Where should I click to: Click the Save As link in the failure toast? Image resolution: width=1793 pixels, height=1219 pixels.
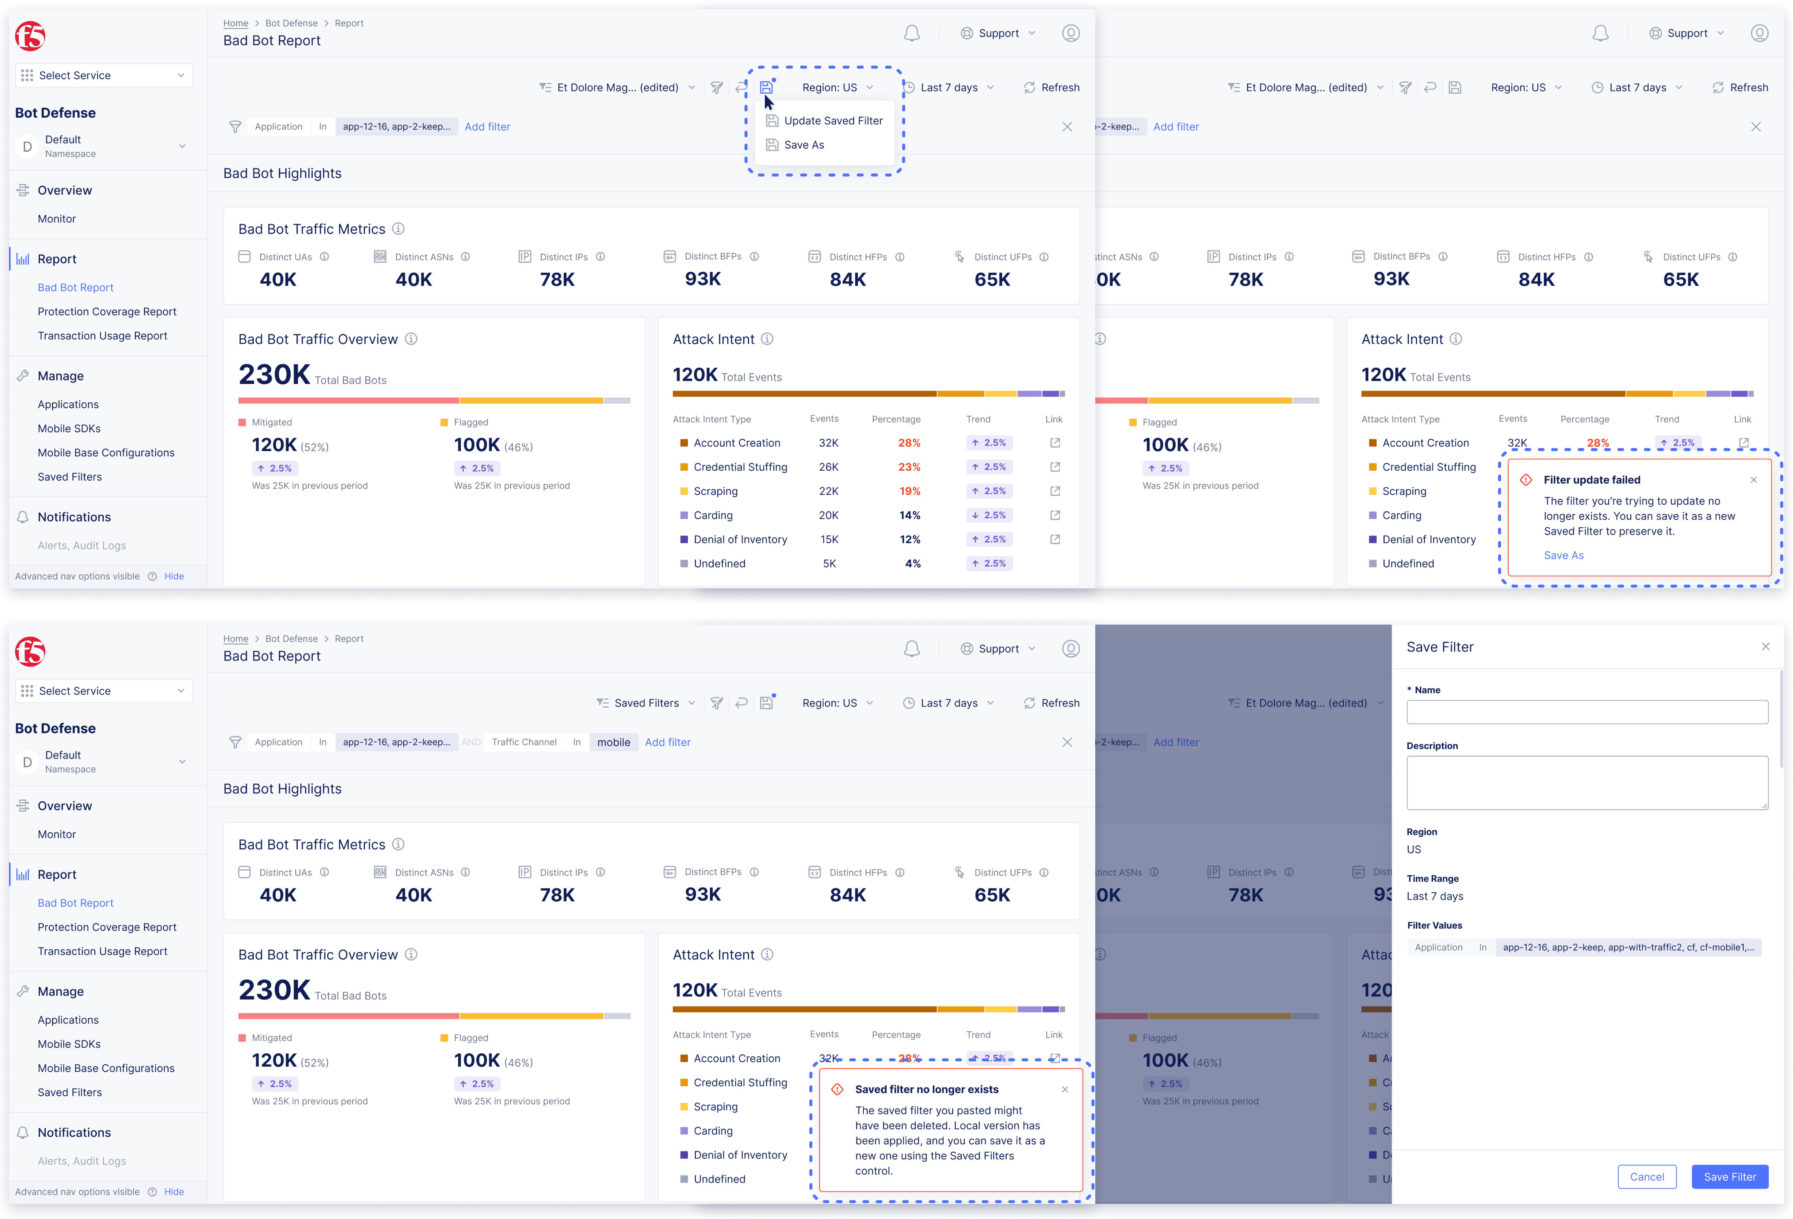pyautogui.click(x=1563, y=556)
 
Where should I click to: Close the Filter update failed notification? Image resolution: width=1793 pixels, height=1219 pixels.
pyautogui.click(x=1754, y=480)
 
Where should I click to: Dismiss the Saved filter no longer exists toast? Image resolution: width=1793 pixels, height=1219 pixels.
pyautogui.click(x=1065, y=1089)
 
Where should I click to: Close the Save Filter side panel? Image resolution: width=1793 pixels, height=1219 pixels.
pyautogui.click(x=1765, y=646)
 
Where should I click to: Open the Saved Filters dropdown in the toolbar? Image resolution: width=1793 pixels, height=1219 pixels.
pyautogui.click(x=646, y=703)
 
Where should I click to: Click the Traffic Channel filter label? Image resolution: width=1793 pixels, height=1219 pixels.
pyautogui.click(x=524, y=742)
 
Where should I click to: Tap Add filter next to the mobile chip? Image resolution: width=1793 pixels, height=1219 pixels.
pyautogui.click(x=667, y=742)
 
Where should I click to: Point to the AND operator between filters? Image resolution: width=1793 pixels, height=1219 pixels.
pyautogui.click(x=471, y=742)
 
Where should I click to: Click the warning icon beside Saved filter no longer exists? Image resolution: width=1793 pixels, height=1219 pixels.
pyautogui.click(x=837, y=1089)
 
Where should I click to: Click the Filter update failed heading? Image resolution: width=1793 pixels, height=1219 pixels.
pyautogui.click(x=1592, y=480)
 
